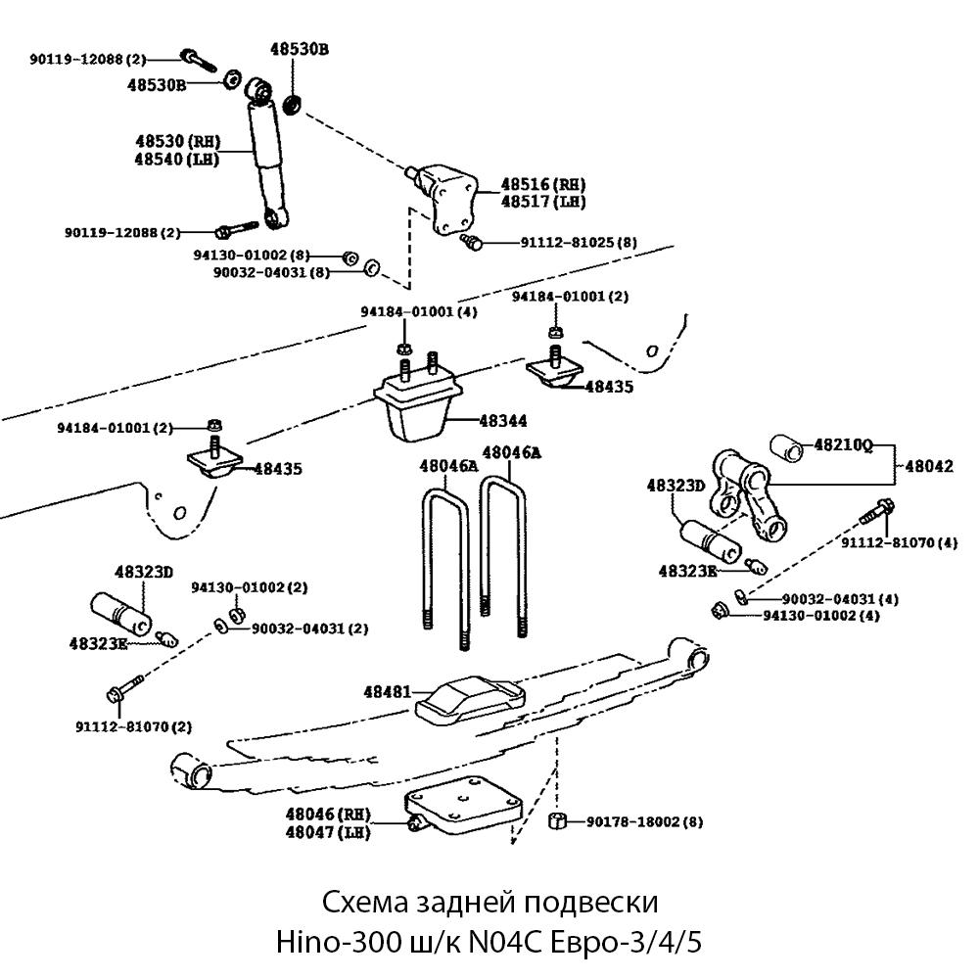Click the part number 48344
[x=503, y=421]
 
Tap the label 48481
[x=388, y=691]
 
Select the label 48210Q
[x=844, y=445]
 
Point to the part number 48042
[x=928, y=467]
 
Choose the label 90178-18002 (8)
[x=645, y=821]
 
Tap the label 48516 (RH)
[x=543, y=183]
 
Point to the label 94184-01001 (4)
[x=419, y=311]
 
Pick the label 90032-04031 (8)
[x=271, y=272]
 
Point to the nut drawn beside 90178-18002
[x=555, y=820]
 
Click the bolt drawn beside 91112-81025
[x=470, y=241]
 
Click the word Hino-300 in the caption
[x=340, y=943]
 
